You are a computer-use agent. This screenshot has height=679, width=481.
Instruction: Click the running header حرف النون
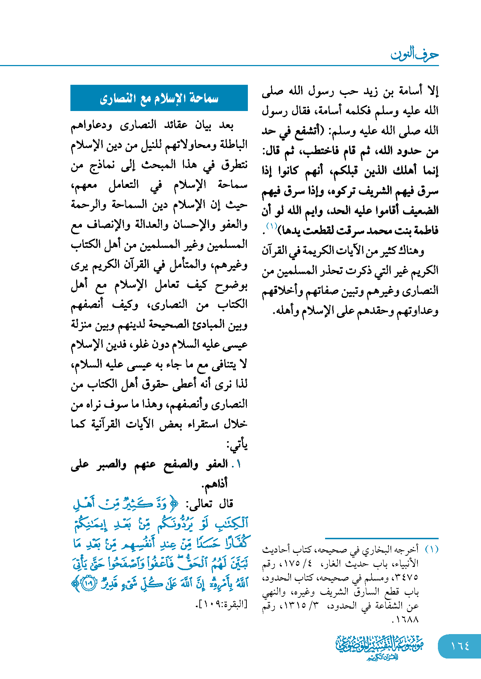415,55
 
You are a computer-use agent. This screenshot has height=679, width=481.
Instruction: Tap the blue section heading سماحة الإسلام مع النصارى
159,98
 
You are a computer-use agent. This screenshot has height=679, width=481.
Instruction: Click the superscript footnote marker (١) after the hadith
271,226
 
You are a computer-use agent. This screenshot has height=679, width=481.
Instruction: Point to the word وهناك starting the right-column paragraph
412,250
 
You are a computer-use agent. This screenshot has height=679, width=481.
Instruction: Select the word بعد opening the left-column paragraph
226,125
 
